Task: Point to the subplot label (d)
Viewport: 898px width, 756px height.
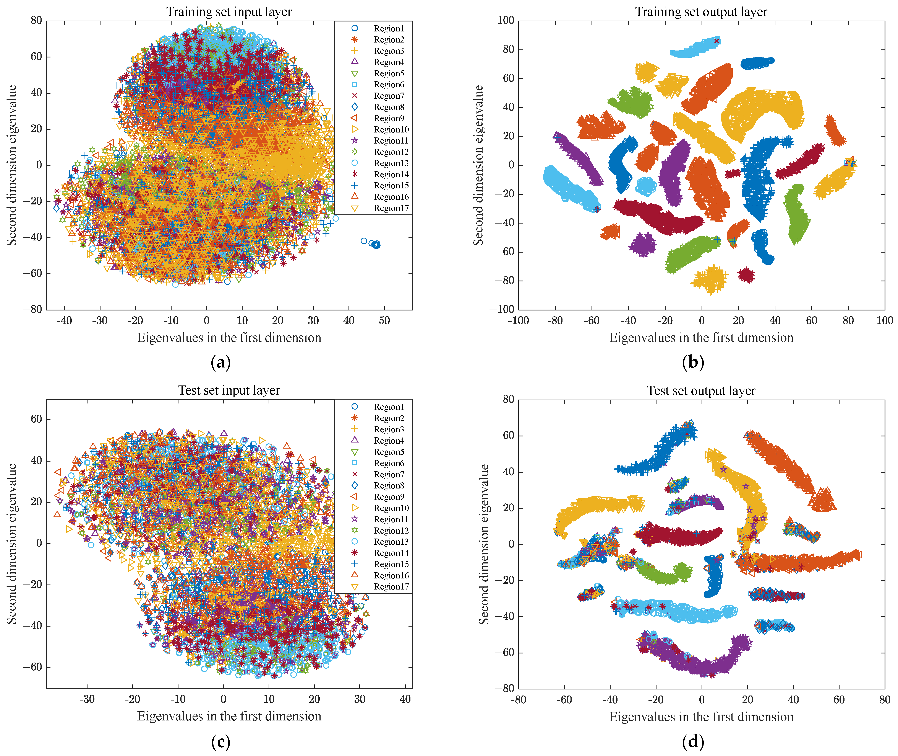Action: pyautogui.click(x=692, y=741)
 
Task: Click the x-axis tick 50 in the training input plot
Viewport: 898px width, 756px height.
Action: pyautogui.click(x=384, y=321)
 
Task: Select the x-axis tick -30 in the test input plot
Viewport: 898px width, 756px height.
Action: pyautogui.click(x=87, y=699)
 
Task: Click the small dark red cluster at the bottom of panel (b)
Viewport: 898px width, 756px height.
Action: pyautogui.click(x=746, y=275)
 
